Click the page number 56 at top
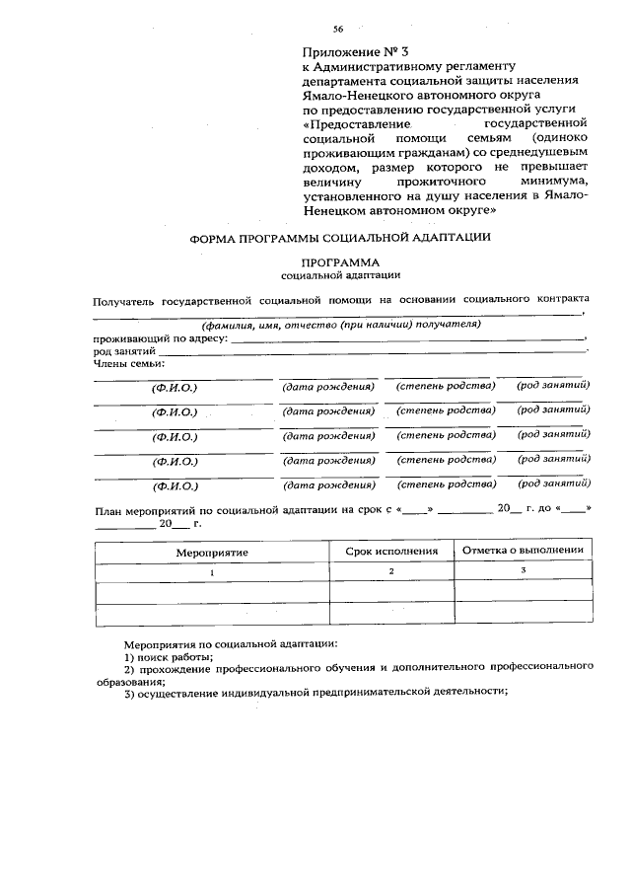338,31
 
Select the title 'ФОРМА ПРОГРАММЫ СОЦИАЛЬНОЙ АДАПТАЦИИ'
340,239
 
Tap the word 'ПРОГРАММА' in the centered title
339,262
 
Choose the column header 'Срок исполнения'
391,552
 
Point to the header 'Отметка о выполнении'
523,551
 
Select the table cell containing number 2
391,572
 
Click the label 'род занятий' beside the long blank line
124,350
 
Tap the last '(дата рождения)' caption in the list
328,486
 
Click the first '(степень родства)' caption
445,386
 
